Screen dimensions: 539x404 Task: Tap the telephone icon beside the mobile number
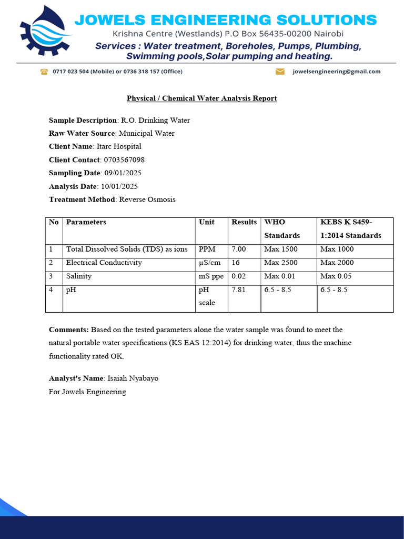click(44, 72)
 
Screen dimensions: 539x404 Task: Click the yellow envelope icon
click(280, 72)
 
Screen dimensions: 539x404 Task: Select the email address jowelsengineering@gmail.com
click(336, 72)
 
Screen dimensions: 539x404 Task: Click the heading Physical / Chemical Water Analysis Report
click(201, 98)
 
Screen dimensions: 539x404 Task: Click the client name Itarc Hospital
click(119, 147)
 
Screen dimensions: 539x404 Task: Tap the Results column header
click(244, 222)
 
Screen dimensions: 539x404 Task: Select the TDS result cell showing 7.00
click(239, 249)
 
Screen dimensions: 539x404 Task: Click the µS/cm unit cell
click(210, 263)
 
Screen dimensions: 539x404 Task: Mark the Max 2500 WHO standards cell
click(281, 263)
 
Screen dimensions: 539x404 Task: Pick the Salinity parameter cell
click(79, 276)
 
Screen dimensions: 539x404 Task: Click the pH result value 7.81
click(239, 290)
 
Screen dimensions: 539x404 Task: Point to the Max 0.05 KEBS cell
click(336, 276)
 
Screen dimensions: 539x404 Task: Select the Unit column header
click(207, 222)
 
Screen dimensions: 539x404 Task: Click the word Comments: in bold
click(69, 330)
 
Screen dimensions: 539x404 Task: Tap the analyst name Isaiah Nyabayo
click(133, 378)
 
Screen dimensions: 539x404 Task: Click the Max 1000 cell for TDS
click(337, 249)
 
